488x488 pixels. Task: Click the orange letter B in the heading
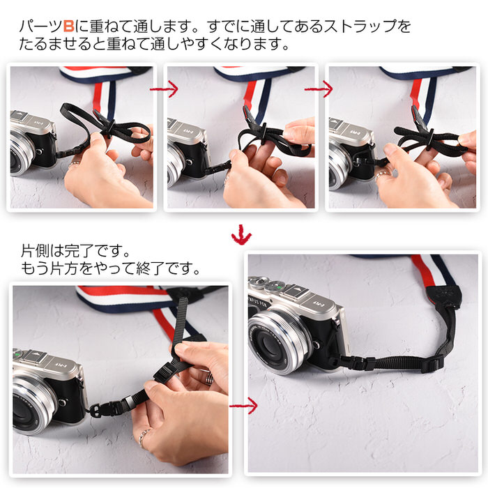[x=68, y=26]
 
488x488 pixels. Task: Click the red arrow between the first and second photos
[x=164, y=89]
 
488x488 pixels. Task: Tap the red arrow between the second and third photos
[x=319, y=89]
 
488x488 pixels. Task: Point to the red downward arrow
[x=241, y=234]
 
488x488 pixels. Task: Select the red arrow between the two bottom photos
[x=243, y=406]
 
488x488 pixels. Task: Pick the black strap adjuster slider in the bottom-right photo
[x=432, y=362]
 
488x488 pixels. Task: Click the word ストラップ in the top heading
[x=360, y=26]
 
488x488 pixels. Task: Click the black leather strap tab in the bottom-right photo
[x=443, y=298]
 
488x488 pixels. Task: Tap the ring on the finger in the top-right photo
[x=382, y=176]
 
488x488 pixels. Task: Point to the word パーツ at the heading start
[x=40, y=26]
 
